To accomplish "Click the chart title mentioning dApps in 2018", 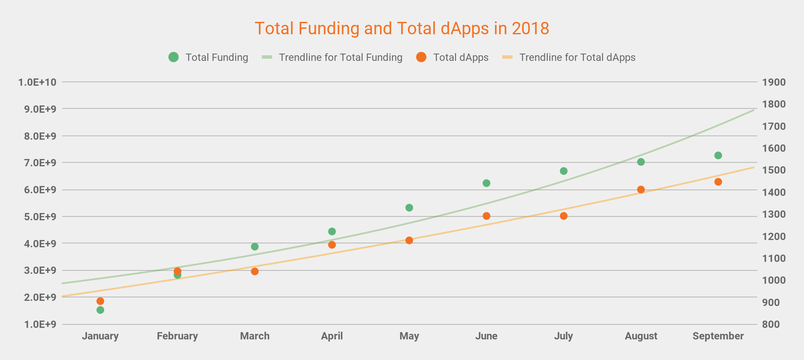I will (x=402, y=29).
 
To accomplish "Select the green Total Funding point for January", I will (x=100, y=310).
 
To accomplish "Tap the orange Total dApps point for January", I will (x=100, y=301).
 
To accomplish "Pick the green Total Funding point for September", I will (x=718, y=156).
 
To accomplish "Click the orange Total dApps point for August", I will (x=641, y=189).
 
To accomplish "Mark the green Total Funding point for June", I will (x=486, y=183).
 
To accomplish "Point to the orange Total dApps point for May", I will (x=409, y=240).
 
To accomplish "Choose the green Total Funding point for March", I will (x=255, y=247).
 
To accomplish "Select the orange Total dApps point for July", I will (x=564, y=216).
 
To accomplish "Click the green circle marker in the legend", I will (x=174, y=57).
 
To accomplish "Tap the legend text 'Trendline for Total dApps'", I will (x=577, y=57).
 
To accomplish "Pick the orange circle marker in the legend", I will (x=421, y=57).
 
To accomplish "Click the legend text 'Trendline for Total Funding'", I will (x=341, y=57).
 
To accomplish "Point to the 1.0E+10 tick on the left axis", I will (x=37, y=82).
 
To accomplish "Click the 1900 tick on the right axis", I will (x=774, y=82).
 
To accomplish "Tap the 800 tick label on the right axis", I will (x=771, y=324).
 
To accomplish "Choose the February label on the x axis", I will (x=177, y=336).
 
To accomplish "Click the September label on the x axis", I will (x=718, y=336).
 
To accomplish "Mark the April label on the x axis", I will (x=332, y=336).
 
